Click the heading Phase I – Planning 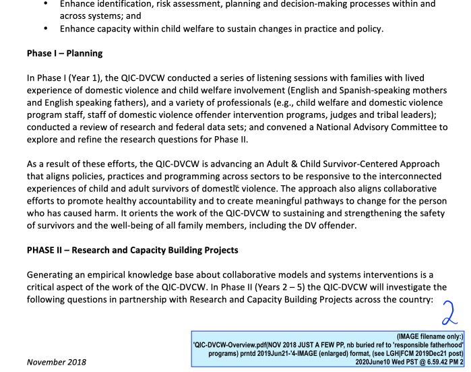(x=65, y=53)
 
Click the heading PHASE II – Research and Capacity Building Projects (x=133, y=250)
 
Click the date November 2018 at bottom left (x=57, y=362)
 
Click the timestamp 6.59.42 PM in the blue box (x=434, y=361)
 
